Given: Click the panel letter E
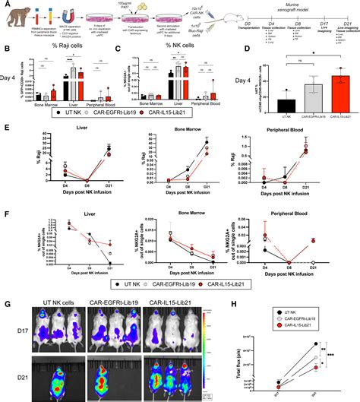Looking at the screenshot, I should click(x=6, y=130).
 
